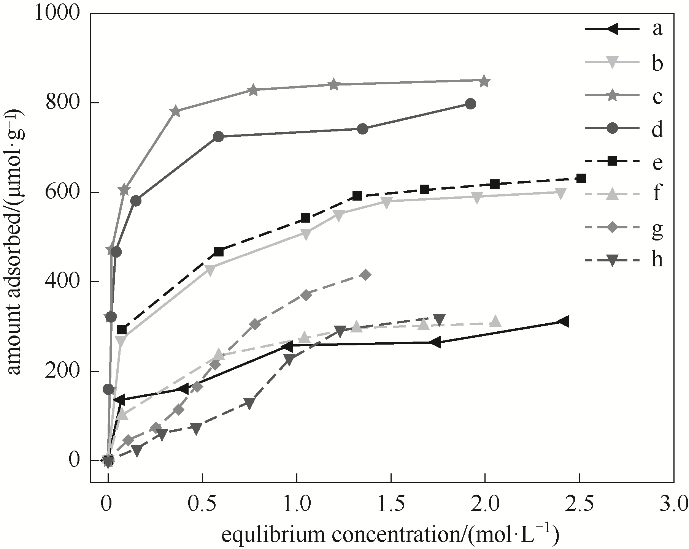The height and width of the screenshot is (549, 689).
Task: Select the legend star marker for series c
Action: [612, 97]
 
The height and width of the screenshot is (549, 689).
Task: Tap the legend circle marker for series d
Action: [612, 130]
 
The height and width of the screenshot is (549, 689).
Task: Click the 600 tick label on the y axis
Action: [62, 192]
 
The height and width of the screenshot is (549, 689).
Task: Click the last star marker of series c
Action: [484, 81]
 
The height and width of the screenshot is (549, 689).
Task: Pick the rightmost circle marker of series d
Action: [470, 104]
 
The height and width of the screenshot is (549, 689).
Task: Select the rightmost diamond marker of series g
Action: [365, 275]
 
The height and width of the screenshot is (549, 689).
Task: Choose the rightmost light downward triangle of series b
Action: [560, 193]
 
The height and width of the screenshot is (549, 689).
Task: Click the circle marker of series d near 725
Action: [218, 137]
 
